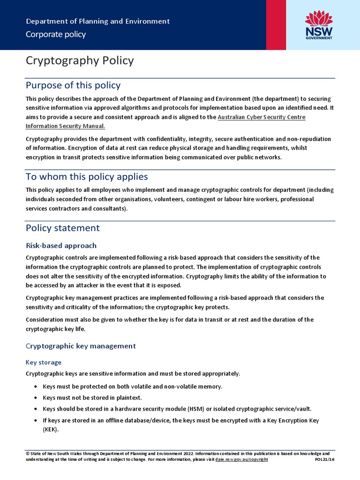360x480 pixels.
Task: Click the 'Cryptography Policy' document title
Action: tap(80, 60)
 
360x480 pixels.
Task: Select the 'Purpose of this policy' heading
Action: tap(73, 85)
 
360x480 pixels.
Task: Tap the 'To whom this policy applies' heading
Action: tap(87, 177)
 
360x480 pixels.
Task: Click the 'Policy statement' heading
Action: tap(63, 228)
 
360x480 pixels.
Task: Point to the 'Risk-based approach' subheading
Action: tap(61, 246)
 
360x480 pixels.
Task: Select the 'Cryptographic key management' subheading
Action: tap(81, 346)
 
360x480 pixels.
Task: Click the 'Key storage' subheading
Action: tap(44, 362)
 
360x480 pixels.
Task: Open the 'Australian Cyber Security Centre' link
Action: tap(262, 117)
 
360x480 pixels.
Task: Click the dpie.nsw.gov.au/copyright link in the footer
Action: tap(242, 459)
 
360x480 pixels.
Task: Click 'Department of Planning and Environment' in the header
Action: tap(97, 22)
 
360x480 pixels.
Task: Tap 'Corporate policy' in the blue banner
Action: tap(56, 34)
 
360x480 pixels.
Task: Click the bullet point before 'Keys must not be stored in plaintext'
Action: tap(36, 397)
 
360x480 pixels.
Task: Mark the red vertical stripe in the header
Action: tap(276, 24)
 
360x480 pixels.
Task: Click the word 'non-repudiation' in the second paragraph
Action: tap(308, 139)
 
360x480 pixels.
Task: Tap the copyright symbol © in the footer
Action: tap(28, 454)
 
